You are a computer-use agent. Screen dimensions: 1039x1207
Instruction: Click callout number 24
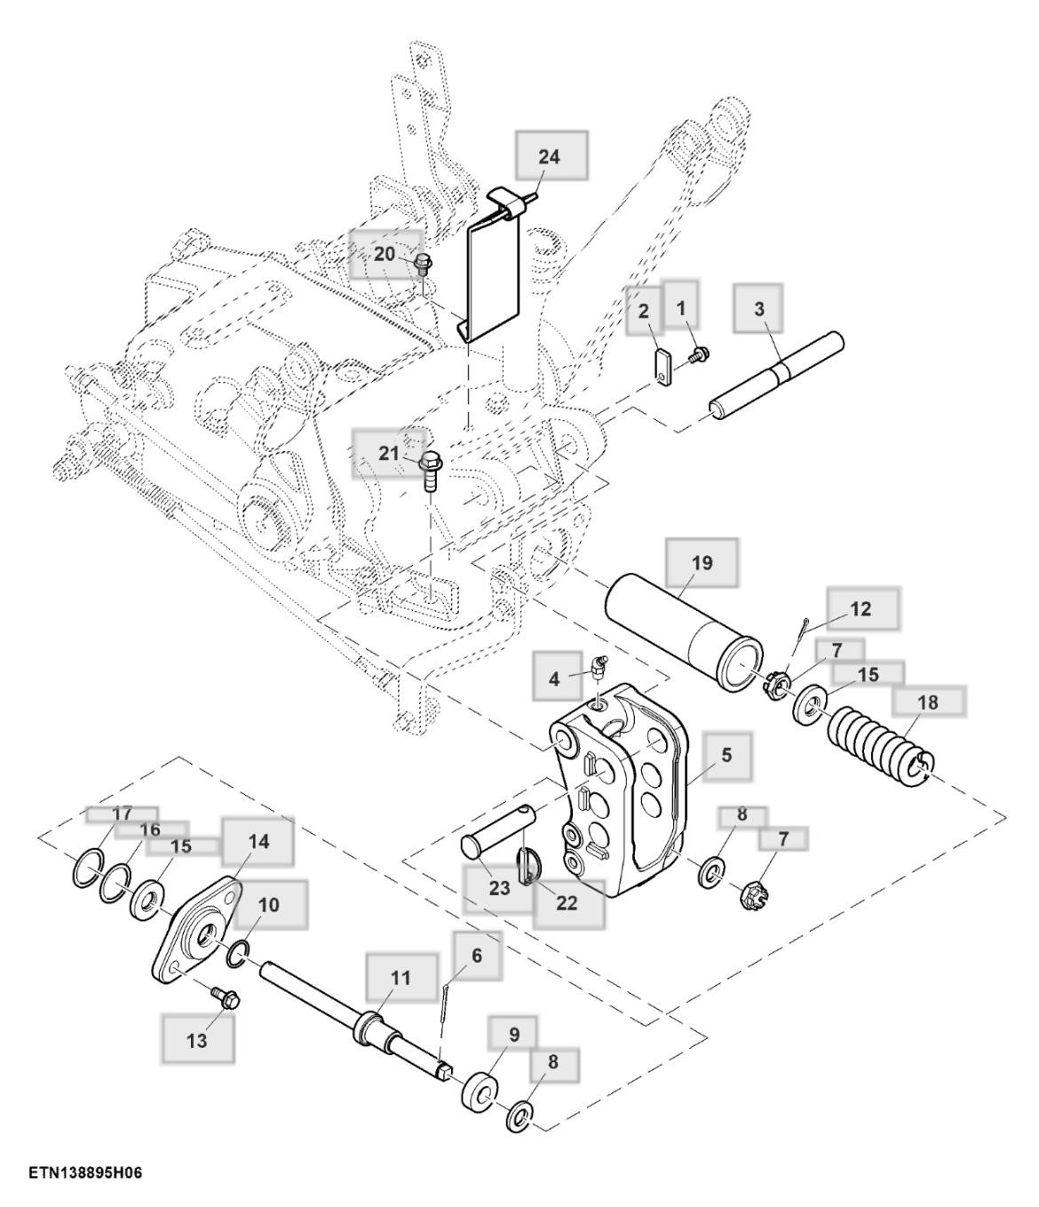coord(549,156)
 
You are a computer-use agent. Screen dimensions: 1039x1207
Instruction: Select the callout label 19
coord(702,563)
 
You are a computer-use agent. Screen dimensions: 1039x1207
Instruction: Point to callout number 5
coord(726,755)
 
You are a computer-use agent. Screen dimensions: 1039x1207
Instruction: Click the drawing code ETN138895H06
coord(86,1173)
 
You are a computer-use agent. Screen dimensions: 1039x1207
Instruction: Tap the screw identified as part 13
coord(226,997)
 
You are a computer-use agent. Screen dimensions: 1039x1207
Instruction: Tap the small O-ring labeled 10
coord(238,954)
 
